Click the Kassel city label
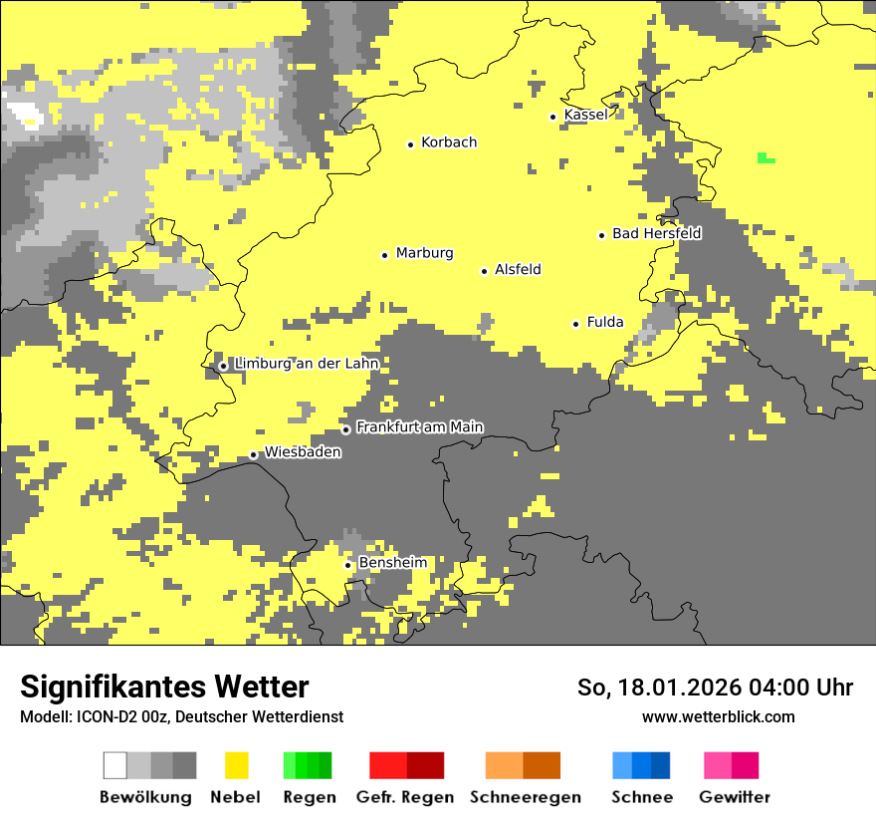[x=585, y=116]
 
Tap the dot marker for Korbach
[x=410, y=144]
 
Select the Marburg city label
[x=424, y=253]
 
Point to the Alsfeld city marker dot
[x=485, y=271]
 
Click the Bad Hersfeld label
[x=656, y=234]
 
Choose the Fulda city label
[x=605, y=322]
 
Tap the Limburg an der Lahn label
[x=307, y=364]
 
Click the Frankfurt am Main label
[x=419, y=427]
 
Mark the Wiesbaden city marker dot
[x=253, y=455]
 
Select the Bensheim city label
[x=392, y=563]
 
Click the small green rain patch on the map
[x=766, y=157]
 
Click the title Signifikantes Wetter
[x=164, y=687]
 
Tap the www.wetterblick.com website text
[x=718, y=716]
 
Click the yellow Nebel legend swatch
[x=236, y=765]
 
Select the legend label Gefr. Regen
[x=405, y=797]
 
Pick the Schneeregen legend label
[x=526, y=797]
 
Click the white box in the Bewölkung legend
[x=115, y=765]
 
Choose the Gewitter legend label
[x=735, y=797]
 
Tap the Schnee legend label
[x=641, y=797]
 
